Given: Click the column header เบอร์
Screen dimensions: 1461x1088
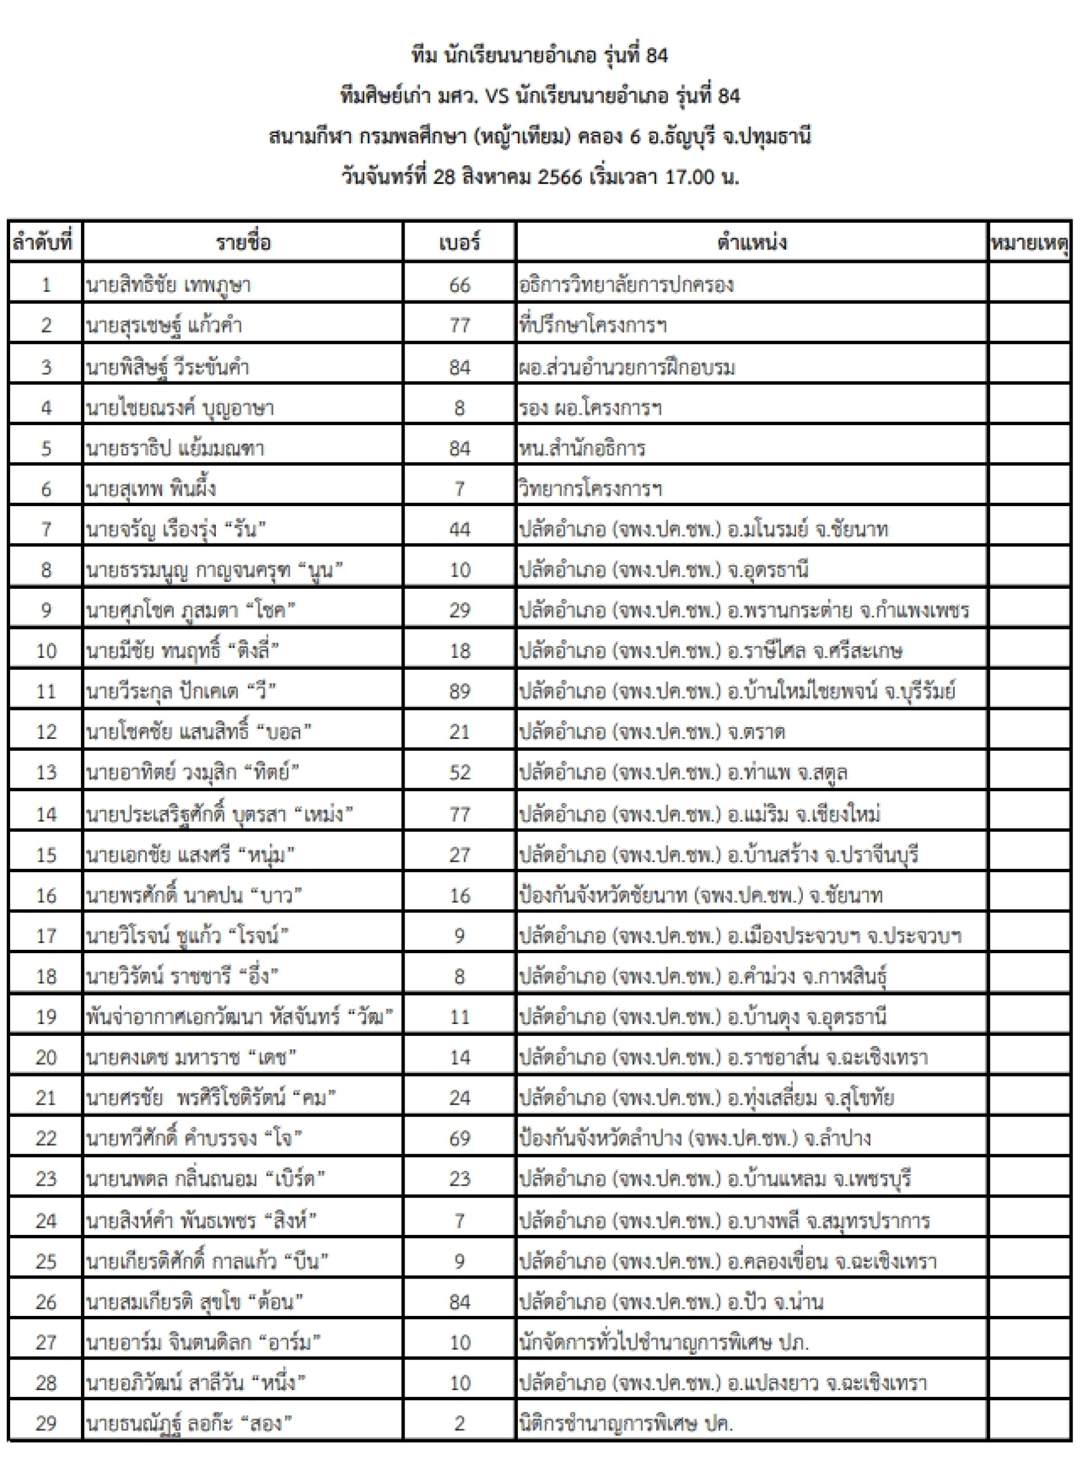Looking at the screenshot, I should point(459,243).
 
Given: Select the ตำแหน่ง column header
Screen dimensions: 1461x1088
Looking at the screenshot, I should point(751,243).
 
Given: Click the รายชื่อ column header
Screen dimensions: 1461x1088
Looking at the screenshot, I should point(243,243).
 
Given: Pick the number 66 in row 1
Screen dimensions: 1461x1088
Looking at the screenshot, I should point(459,284).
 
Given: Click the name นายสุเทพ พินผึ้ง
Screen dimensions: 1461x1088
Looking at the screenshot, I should point(151,489).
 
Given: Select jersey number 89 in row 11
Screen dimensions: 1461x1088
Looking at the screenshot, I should point(459,691).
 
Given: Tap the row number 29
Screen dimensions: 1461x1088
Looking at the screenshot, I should point(45,1423).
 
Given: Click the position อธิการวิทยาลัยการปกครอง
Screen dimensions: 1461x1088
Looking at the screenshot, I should point(626,284).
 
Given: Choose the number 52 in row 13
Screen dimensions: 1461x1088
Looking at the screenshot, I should point(459,772).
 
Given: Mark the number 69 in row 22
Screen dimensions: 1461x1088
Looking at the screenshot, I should point(459,1137).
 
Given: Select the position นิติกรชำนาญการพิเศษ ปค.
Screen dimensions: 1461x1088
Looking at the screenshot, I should point(626,1423).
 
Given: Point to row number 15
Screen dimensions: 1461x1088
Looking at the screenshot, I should point(45,855).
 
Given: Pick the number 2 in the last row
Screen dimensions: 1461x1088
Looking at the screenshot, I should point(459,1423).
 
